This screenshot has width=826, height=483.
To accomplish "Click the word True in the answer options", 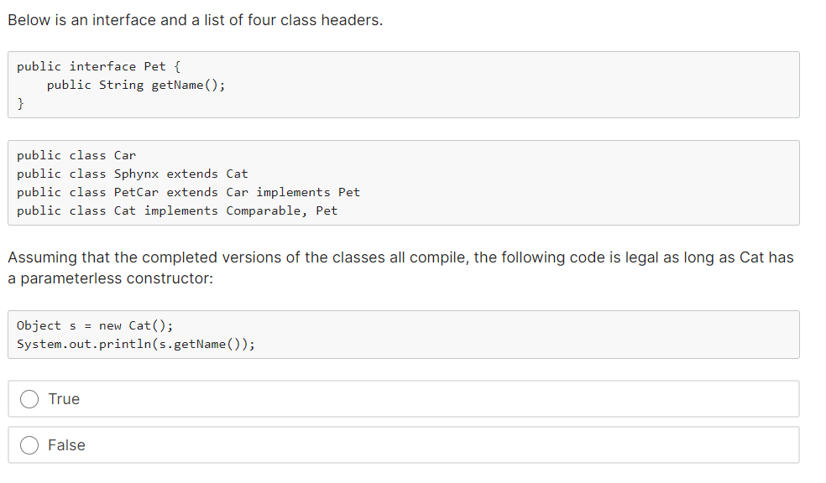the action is pyautogui.click(x=64, y=399).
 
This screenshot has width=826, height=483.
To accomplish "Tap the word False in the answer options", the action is pyautogui.click(x=66, y=445).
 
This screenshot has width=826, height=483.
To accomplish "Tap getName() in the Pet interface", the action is pyautogui.click(x=185, y=85).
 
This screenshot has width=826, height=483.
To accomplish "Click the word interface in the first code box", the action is pyautogui.click(x=102, y=66).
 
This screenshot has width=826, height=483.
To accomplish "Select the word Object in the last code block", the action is pyautogui.click(x=39, y=325).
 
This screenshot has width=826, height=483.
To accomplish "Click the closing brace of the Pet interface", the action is pyautogui.click(x=20, y=103).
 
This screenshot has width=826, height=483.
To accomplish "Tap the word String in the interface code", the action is pyautogui.click(x=121, y=85).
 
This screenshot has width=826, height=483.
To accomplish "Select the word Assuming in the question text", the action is pyautogui.click(x=40, y=257).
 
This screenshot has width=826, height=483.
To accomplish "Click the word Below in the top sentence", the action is pyautogui.click(x=28, y=20).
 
